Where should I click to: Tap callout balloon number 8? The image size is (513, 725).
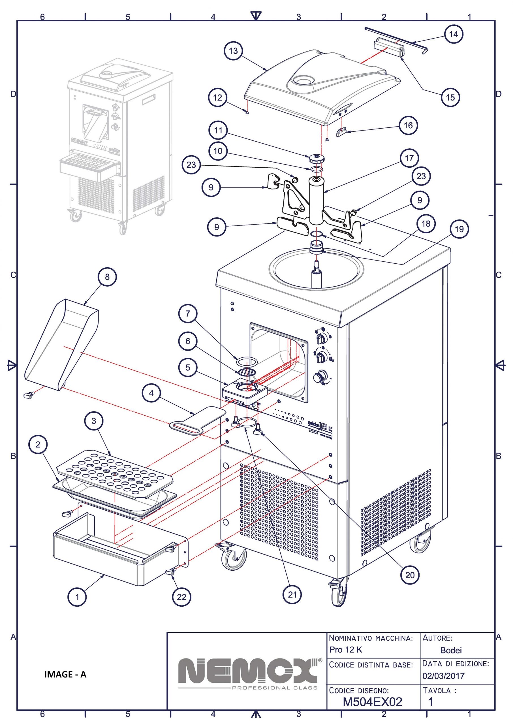coord(107,277)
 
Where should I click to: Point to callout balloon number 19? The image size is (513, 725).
coord(459,229)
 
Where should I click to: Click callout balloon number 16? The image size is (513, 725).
coord(408,125)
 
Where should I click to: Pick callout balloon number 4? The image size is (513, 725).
coord(151,393)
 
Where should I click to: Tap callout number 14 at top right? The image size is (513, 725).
coord(453,34)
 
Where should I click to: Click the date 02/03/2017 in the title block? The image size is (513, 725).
coord(444,676)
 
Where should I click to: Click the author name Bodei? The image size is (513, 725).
coord(451,650)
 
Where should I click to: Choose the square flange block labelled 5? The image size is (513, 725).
coord(245,392)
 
